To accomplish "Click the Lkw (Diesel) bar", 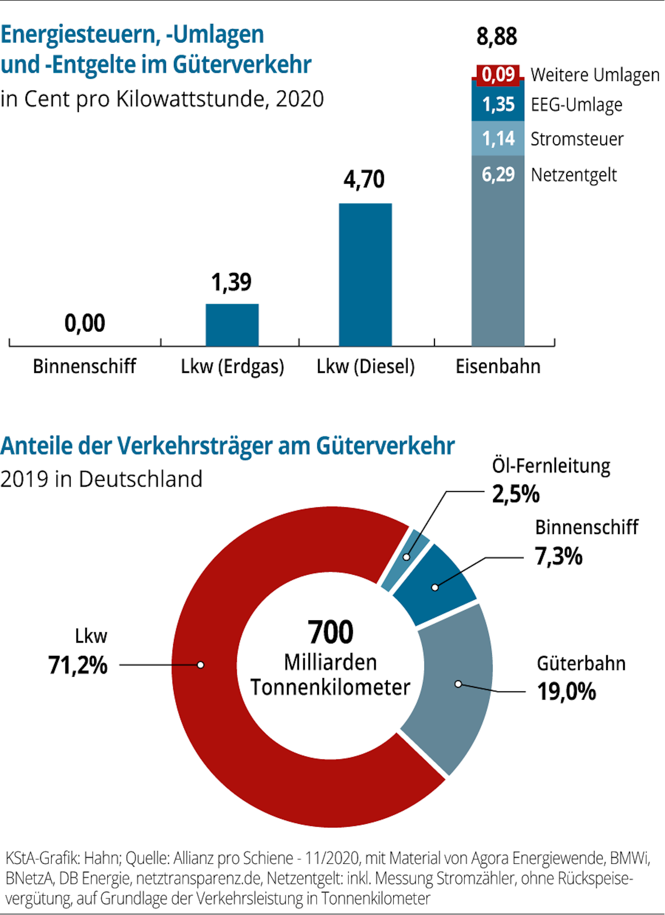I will click(365, 274).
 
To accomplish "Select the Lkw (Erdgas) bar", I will click(232, 325).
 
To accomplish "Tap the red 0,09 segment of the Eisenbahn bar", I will click(498, 75).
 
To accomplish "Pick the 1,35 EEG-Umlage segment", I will click(498, 104).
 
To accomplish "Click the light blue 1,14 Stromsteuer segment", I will click(498, 138).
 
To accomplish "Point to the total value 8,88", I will click(496, 36).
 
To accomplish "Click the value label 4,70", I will click(364, 179).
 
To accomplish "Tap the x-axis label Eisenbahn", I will click(498, 366).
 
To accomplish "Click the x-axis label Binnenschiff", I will click(84, 366).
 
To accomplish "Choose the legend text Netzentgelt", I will click(574, 175).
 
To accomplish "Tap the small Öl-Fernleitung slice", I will click(405, 558).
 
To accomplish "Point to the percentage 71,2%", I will click(78, 665).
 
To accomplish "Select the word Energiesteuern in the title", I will click(79, 34).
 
